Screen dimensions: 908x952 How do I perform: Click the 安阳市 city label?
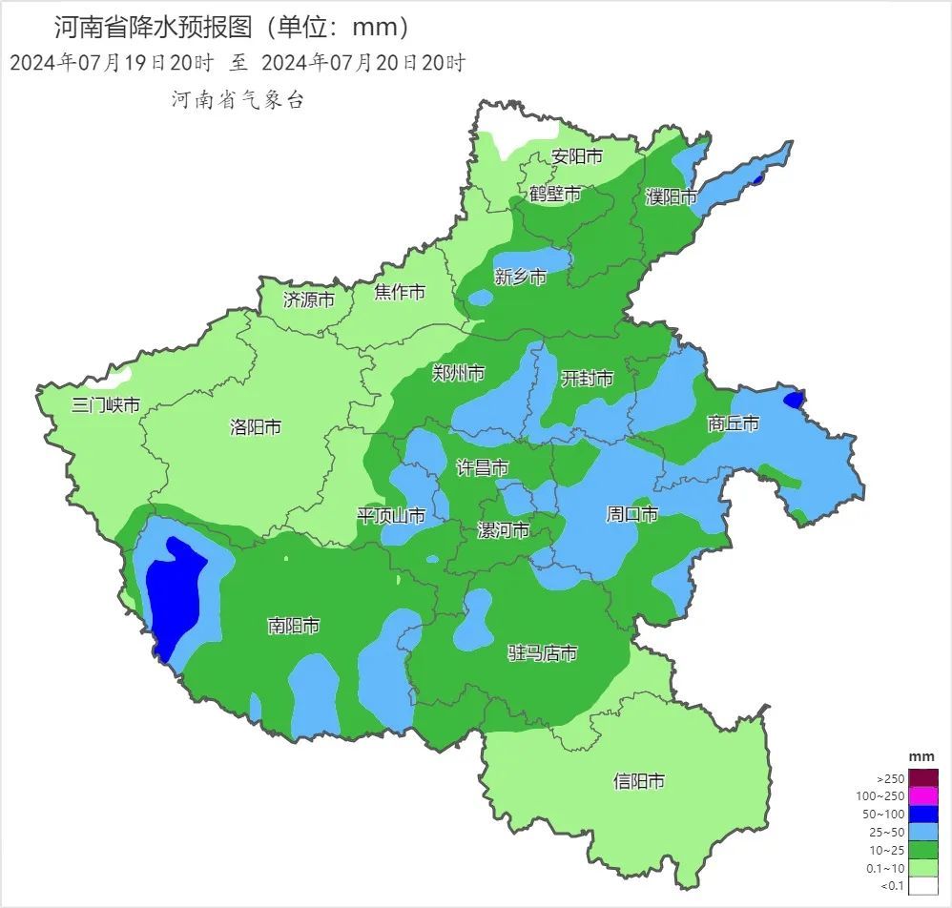(577, 156)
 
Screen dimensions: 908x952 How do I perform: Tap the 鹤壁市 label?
(555, 194)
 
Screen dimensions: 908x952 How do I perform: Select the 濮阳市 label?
(671, 197)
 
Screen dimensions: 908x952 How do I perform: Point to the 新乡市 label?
(520, 277)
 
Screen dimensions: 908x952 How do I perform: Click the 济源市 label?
(309, 299)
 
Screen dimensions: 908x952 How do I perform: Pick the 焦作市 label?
(399, 292)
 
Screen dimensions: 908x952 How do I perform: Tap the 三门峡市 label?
(106, 404)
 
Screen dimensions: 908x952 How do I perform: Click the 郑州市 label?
(458, 372)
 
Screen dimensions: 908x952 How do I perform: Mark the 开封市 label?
(586, 378)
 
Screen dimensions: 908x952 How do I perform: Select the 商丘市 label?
(733, 423)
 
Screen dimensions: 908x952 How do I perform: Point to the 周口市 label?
(631, 514)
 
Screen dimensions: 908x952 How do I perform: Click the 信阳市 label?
(638, 781)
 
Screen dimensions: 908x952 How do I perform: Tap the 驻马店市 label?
(542, 653)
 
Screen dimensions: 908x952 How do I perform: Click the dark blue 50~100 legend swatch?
(923, 814)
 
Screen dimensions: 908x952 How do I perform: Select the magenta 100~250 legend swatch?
(923, 795)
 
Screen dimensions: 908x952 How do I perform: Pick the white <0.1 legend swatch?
(923, 886)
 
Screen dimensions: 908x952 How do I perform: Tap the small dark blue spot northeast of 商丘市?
(793, 400)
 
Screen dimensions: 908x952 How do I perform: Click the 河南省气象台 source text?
(238, 100)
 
